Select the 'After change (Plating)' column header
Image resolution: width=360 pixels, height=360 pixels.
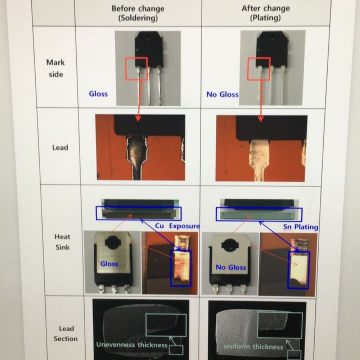(265, 13)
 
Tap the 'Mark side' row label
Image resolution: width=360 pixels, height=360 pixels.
(55, 68)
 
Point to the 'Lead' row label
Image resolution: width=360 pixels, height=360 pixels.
(60, 147)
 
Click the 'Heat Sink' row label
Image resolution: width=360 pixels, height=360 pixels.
(62, 241)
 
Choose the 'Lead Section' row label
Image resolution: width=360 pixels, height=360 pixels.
(66, 333)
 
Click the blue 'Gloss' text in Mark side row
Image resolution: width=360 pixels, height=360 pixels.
(98, 94)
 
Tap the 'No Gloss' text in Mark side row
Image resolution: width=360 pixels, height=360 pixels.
(222, 94)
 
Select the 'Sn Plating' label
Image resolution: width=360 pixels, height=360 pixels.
(301, 227)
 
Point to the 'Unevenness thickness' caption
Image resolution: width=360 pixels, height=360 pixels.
(132, 345)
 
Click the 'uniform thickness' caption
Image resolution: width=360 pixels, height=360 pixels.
(253, 346)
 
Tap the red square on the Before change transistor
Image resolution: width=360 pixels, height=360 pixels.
(136, 68)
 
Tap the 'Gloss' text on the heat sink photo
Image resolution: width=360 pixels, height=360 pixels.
(109, 264)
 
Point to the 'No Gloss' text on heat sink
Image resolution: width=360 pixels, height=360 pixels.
(231, 267)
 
